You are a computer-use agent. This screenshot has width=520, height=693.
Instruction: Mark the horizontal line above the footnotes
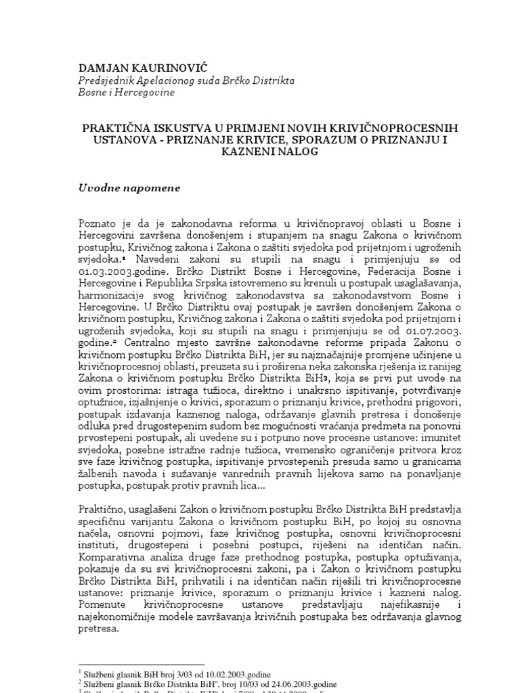click(142, 665)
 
